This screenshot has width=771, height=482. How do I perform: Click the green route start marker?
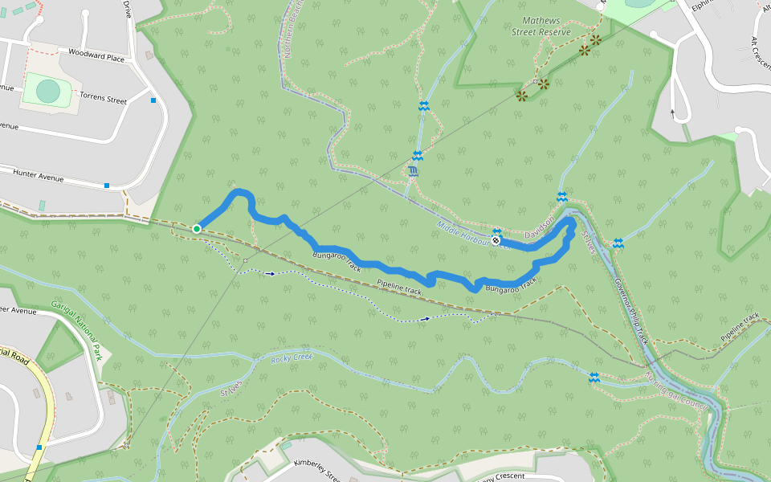point(196,229)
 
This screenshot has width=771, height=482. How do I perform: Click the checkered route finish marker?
point(496,239)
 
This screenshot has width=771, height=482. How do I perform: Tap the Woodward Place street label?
point(96,58)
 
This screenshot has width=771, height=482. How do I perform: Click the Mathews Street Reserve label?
point(541,26)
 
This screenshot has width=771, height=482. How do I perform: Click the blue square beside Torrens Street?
point(153,100)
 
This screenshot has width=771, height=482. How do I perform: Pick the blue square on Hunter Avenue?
point(107,186)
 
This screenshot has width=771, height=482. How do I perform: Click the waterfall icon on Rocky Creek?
point(594,377)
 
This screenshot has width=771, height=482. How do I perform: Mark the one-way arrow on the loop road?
point(673,112)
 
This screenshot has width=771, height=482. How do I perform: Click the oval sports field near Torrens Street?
point(47,91)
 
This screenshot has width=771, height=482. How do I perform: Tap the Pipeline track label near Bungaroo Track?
point(399,287)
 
